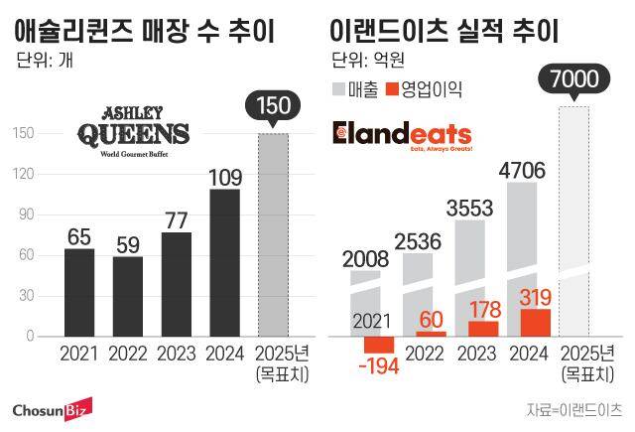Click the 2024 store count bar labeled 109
coord(224,262)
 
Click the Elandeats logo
coord(401,134)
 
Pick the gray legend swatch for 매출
coord(336,90)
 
